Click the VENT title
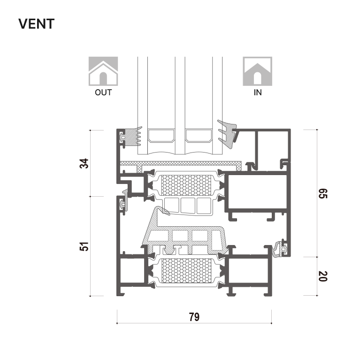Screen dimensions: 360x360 pos(36,24)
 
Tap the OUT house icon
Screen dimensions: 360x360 pos(103,71)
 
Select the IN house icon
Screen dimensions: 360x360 pos(258,71)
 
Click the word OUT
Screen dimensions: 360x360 pos(103,92)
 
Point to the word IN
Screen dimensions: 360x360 pos(258,92)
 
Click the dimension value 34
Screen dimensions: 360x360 pos(84,163)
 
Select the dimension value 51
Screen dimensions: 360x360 pos(84,246)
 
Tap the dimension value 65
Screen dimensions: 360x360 pos(323,193)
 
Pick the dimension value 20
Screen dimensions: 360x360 pos(323,276)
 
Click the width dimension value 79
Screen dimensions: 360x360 pos(194,317)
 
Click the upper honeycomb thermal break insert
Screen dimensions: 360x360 pos(186,185)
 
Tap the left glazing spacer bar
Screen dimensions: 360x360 pos(161,136)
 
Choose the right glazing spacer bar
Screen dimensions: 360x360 pos(199,136)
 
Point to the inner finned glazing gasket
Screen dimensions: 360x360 pos(227,134)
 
